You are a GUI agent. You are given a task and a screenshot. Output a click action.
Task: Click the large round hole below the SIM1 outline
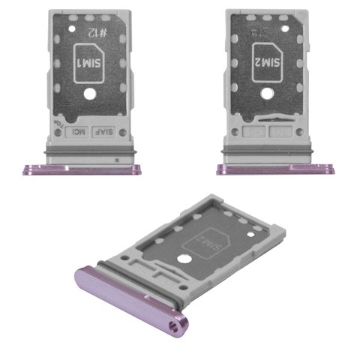[88, 96]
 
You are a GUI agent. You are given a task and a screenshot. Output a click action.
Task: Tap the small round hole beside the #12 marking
[73, 27]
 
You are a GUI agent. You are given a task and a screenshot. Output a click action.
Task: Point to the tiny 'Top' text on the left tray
[57, 124]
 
